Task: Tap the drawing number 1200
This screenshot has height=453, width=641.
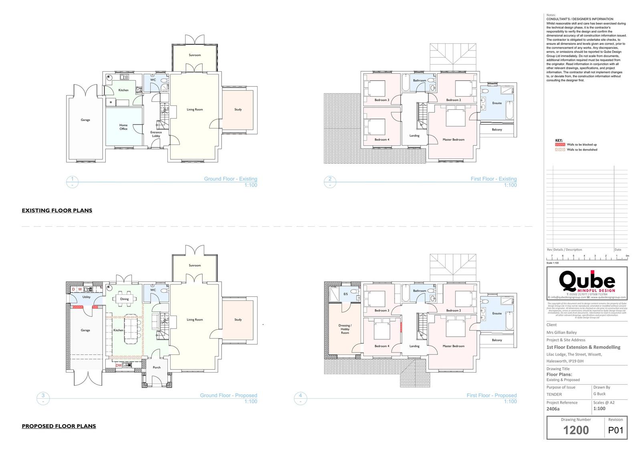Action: (x=576, y=431)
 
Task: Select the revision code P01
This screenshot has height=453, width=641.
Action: (x=615, y=431)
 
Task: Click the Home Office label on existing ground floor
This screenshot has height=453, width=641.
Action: (x=123, y=127)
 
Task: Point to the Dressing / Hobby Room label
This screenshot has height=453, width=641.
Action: (x=345, y=329)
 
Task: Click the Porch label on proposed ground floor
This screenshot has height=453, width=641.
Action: (x=157, y=367)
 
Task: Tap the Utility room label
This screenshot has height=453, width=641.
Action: (x=86, y=297)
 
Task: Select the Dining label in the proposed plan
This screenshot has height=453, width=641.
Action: (x=124, y=299)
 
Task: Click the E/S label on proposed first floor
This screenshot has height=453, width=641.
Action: (x=346, y=294)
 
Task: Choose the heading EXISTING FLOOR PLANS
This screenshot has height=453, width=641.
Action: (x=57, y=210)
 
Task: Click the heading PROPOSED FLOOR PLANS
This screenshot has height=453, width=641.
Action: (x=59, y=426)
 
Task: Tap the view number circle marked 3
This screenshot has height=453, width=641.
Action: (x=43, y=395)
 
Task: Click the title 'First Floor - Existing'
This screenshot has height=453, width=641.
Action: (x=494, y=179)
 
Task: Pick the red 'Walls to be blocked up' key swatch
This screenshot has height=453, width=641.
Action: (x=559, y=145)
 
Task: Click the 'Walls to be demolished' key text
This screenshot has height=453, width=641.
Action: (x=582, y=150)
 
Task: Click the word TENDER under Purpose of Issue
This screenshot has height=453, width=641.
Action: (x=554, y=395)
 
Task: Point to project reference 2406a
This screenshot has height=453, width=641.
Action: (x=553, y=409)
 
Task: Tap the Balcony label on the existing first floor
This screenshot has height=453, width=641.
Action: (x=497, y=130)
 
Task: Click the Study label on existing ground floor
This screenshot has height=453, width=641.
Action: (x=238, y=109)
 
